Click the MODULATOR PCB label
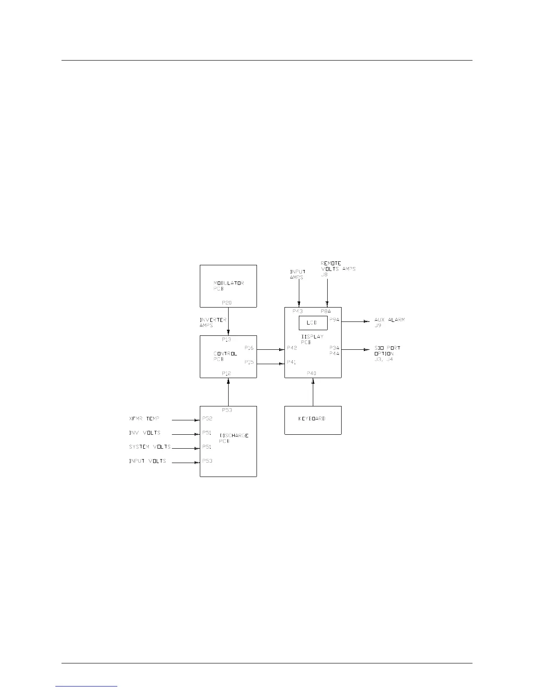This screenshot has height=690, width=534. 228,286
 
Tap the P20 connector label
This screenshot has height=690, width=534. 226,302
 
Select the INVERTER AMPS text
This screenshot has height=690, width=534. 213,322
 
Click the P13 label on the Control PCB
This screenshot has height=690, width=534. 226,339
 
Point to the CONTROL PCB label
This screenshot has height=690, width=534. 225,356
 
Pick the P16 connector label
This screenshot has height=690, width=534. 249,348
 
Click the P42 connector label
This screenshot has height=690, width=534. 292,348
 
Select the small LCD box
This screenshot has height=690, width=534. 313,323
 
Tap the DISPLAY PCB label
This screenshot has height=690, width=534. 312,339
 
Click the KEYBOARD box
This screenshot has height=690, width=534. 313,420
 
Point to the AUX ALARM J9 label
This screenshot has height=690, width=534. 389,322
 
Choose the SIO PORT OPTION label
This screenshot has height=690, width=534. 387,354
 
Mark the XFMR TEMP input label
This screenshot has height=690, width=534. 144,419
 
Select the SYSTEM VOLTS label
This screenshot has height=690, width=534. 150,447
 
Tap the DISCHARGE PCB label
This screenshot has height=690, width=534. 234,438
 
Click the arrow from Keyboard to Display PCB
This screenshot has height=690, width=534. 313,392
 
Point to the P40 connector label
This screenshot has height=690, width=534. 311,373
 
